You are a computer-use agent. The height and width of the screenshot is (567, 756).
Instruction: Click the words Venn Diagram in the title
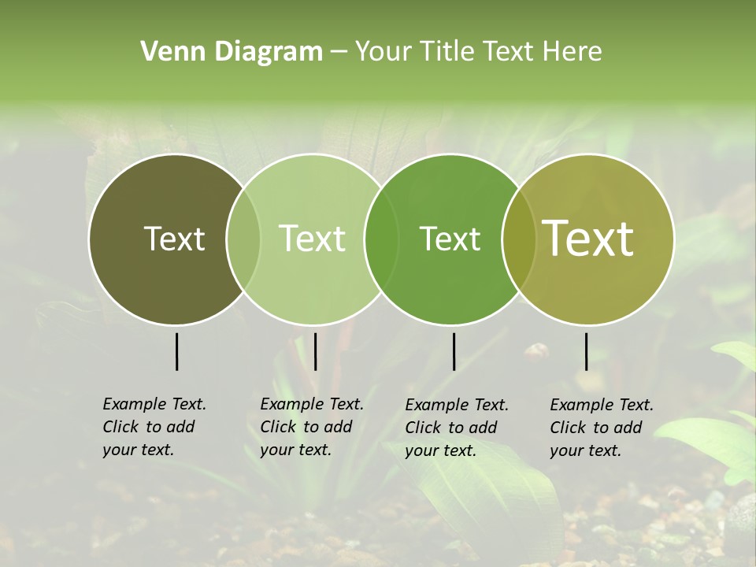tap(232, 52)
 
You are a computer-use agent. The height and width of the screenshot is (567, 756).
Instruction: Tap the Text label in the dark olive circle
tap(175, 239)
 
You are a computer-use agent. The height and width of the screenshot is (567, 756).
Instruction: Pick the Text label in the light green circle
tap(313, 239)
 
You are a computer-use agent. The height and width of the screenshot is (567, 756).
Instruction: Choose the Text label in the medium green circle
tap(450, 239)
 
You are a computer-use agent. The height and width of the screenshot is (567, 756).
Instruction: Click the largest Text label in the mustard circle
tap(588, 239)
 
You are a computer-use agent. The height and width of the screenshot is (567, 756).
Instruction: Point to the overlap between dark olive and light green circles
tap(243, 239)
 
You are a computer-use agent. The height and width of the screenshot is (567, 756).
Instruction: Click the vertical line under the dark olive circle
tap(176, 351)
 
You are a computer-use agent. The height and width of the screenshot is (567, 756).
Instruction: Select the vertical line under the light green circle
tap(315, 351)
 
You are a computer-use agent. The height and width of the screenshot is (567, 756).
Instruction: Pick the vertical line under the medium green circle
tap(454, 351)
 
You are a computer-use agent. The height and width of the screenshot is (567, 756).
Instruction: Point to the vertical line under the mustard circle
tap(586, 351)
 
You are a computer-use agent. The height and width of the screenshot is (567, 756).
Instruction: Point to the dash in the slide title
tap(339, 53)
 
